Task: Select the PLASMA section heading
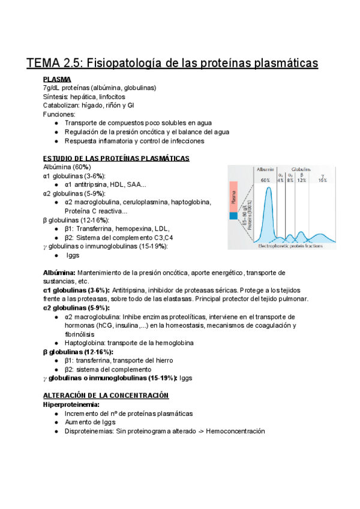point(57,79)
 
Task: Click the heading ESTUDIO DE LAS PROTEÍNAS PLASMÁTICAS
point(116,158)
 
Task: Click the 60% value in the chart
point(265,179)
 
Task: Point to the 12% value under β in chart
point(301,179)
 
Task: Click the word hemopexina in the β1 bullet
point(133,228)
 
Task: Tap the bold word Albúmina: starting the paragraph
point(60,273)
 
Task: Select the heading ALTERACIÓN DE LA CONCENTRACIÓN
point(106,396)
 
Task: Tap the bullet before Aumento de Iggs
point(56,423)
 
